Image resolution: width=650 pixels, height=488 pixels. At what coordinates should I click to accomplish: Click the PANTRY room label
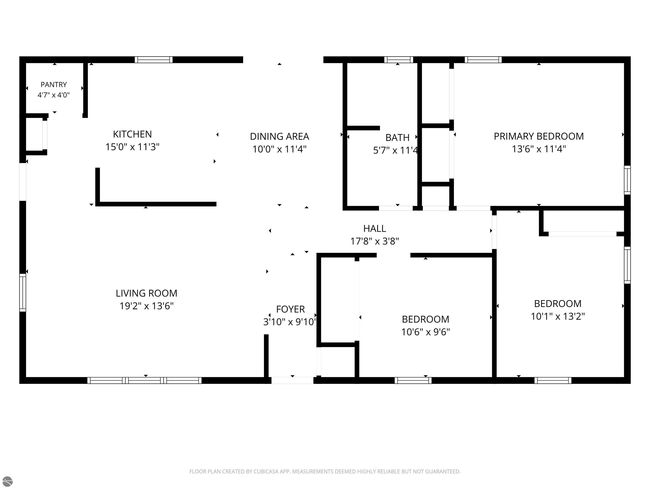[54, 85]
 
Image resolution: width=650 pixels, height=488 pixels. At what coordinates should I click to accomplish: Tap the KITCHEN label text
[132, 134]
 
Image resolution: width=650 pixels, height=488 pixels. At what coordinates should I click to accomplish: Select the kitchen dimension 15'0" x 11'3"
[132, 147]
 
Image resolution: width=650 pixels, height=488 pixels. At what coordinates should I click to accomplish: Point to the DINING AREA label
[280, 136]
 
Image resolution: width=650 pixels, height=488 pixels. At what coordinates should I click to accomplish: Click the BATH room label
[397, 137]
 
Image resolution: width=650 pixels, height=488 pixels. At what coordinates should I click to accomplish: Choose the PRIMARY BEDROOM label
[539, 136]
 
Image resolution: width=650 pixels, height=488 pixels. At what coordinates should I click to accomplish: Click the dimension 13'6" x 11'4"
[539, 149]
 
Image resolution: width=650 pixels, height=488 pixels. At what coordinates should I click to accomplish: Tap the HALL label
[375, 229]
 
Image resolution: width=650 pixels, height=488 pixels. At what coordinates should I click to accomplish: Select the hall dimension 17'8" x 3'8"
[375, 241]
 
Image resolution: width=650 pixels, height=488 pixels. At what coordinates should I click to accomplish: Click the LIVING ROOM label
[146, 293]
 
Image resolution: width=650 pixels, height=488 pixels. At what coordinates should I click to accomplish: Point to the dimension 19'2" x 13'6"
[146, 306]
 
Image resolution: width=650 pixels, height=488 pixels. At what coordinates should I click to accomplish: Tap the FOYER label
[290, 309]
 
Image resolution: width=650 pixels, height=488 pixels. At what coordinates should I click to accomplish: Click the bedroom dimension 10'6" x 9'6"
[426, 332]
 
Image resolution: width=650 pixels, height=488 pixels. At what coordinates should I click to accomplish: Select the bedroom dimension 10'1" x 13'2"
[558, 316]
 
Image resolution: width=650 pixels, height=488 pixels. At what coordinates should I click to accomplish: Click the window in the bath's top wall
[399, 60]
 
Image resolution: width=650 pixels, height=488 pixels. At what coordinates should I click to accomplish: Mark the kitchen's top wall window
[154, 60]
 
